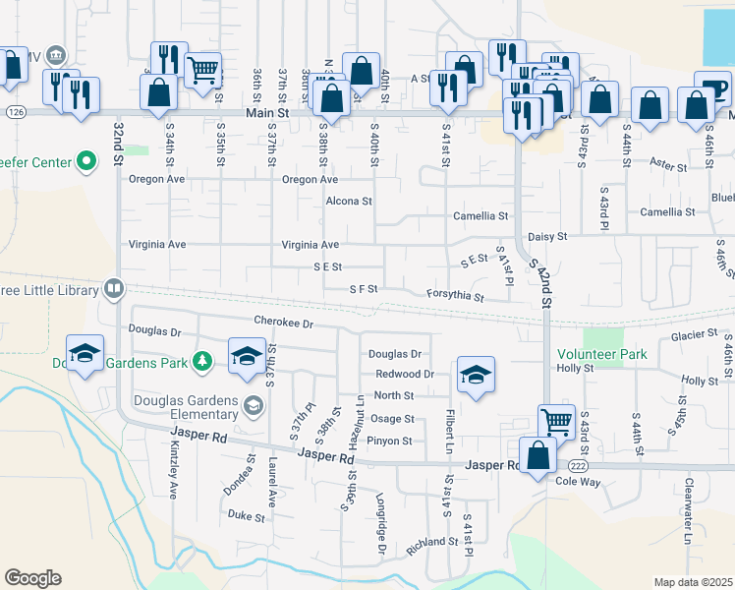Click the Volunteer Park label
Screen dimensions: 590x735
coord(602,353)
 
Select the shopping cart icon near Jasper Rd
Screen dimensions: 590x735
coord(556,422)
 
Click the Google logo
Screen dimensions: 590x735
coord(32,578)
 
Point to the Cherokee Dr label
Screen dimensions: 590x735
coord(282,323)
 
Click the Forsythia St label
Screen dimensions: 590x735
coord(455,296)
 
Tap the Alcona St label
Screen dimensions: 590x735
coord(349,202)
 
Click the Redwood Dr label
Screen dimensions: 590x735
coord(404,375)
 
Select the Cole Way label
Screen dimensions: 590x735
coord(578,482)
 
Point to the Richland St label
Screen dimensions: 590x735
coord(432,541)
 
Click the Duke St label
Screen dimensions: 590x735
coord(246,515)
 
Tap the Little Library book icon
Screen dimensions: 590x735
coord(114,289)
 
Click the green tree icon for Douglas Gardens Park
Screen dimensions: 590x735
coord(202,362)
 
